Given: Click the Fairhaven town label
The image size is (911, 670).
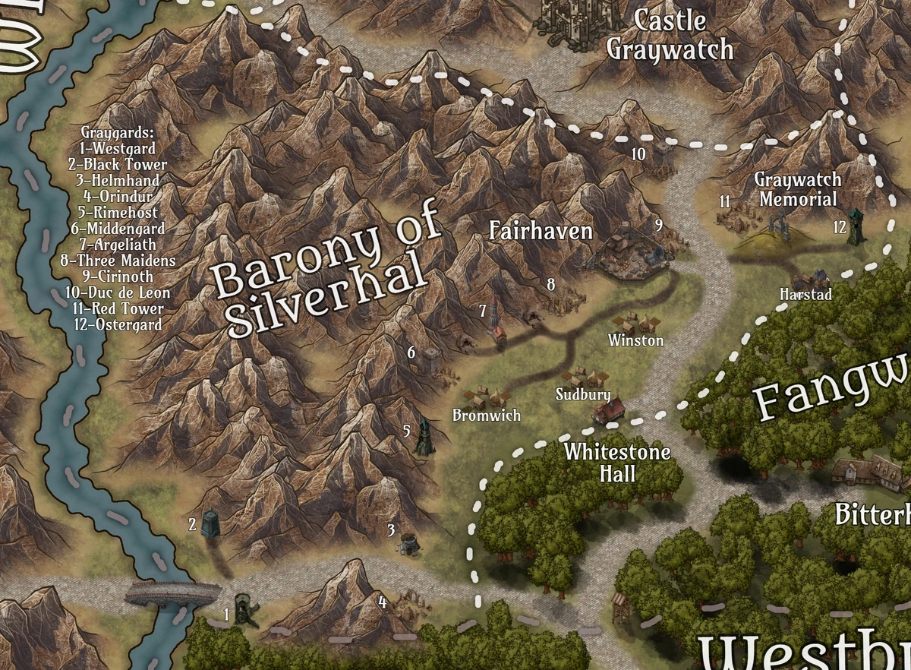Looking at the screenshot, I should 541,232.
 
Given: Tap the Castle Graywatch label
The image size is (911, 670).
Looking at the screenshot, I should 670,36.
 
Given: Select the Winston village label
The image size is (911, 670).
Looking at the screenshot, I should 635,341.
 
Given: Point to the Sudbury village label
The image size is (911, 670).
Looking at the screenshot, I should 583,395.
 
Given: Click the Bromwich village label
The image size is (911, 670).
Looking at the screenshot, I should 487,416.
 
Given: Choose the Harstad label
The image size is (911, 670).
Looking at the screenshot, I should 806,294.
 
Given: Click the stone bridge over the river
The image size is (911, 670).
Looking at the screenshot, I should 172,593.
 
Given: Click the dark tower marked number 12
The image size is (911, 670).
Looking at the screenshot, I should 856,226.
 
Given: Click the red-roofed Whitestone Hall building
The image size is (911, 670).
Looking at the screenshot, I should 610,410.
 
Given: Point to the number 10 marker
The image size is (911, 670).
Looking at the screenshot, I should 638,154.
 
